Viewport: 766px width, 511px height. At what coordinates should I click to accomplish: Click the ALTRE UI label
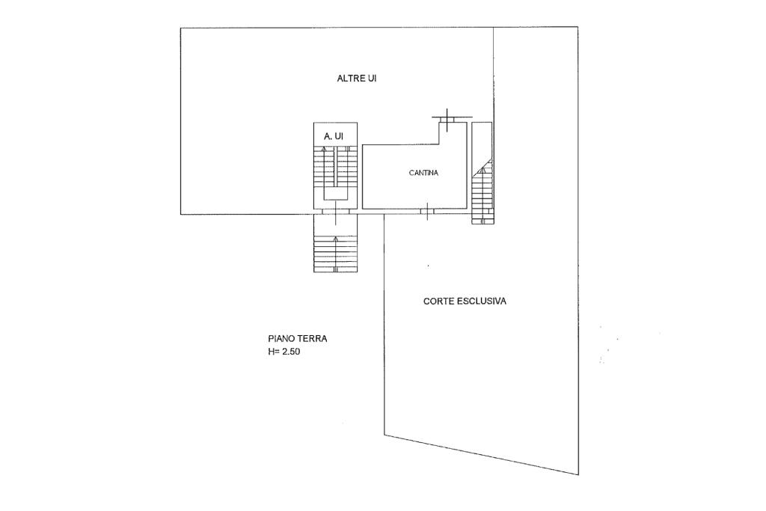pos(356,78)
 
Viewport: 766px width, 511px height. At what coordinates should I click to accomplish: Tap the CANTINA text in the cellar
pos(423,173)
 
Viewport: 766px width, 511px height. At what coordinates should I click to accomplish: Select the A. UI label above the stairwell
pos(334,136)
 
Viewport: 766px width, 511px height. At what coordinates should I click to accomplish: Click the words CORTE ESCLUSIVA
pos(465,301)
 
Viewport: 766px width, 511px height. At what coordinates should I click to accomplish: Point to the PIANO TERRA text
pos(297,338)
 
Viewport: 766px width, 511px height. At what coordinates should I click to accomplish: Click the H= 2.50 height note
pos(284,351)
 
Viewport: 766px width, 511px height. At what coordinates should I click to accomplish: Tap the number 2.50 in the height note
pos(290,351)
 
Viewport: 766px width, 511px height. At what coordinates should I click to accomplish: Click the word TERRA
pos(313,338)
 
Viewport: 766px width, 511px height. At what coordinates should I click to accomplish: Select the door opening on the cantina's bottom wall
pos(427,212)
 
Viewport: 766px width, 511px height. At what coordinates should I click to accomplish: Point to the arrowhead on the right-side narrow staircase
pos(482,171)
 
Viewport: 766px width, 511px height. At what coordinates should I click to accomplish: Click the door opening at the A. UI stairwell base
pos(336,212)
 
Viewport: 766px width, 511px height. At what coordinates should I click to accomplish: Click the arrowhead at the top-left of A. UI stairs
pos(324,149)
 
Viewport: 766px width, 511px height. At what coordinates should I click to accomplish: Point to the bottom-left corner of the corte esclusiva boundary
pos(384,435)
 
